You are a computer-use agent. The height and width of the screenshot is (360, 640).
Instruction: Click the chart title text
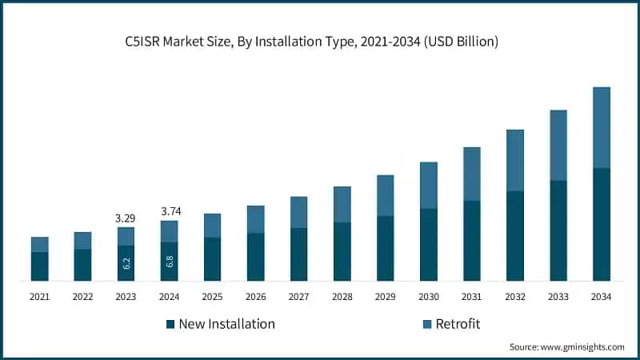pos(320,42)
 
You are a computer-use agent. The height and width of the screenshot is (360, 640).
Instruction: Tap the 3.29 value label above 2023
pos(126,218)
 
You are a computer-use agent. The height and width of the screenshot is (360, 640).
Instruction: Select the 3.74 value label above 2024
pos(169,211)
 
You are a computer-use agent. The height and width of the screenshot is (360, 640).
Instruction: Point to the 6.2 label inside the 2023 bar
pos(126,263)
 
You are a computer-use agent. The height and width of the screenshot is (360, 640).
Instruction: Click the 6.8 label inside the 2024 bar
pos(169,262)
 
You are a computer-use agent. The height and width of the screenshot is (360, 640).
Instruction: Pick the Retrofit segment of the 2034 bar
pos(601,127)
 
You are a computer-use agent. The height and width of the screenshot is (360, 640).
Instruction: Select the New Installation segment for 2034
pos(601,224)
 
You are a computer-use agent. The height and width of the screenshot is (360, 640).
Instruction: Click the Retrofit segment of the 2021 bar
pos(40,244)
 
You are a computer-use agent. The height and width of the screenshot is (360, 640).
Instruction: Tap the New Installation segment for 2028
pos(342,251)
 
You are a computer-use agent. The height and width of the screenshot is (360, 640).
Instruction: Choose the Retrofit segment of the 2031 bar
pos(471,174)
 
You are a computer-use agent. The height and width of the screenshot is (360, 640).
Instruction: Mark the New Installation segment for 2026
pos(255,257)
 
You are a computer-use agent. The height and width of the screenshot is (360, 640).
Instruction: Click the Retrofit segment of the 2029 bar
pos(385,195)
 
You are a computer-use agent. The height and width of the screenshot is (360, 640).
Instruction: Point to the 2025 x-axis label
pos(212,297)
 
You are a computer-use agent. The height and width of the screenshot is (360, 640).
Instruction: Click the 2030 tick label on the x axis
pos(428,297)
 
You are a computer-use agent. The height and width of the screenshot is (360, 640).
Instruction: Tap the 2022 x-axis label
pos(82,297)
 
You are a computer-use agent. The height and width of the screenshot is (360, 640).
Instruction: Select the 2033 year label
pos(558,297)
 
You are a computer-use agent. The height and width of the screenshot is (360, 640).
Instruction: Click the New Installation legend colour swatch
pos(170,324)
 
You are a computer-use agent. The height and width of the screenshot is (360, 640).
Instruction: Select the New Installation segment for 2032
pos(514,236)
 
